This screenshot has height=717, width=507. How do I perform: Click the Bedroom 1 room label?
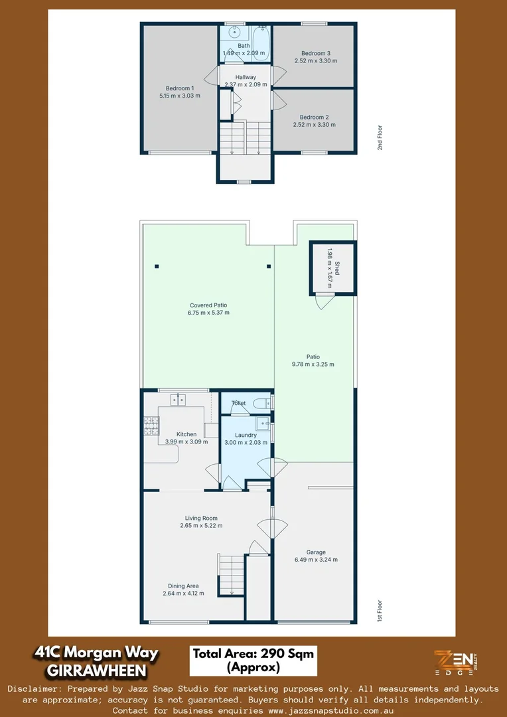(179, 88)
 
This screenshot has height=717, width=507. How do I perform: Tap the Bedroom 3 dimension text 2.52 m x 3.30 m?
(315, 61)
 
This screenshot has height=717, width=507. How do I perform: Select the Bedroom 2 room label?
(314, 116)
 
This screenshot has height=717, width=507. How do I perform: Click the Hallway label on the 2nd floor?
(246, 77)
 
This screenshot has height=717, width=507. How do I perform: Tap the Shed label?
(336, 268)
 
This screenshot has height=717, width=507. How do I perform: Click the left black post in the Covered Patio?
(157, 267)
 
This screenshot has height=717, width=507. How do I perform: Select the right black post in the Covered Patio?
(269, 267)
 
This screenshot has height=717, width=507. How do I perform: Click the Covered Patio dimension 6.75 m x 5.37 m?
(208, 313)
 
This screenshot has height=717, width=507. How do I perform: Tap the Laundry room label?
(246, 435)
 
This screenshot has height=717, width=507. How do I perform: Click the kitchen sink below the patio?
(178, 399)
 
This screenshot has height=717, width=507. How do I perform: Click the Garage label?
(316, 552)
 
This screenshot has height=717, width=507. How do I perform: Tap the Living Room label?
(201, 518)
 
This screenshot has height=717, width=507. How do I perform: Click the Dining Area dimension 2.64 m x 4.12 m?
(183, 594)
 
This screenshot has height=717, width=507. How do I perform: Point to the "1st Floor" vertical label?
(380, 611)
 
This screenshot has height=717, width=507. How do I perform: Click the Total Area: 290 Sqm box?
(253, 660)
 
